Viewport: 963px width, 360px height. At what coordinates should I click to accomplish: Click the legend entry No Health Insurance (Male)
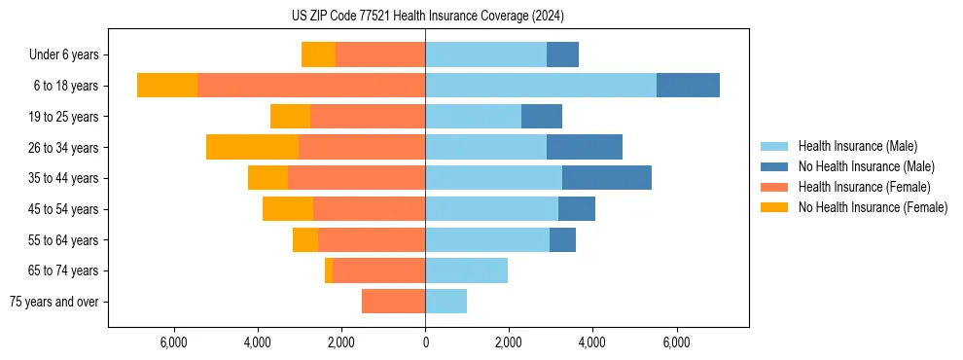pos(866,166)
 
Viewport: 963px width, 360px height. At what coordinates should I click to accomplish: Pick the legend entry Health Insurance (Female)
pos(864,187)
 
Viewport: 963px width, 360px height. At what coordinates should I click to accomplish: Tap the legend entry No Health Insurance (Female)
pos(873,207)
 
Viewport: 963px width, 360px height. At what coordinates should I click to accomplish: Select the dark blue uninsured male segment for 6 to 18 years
pos(688,86)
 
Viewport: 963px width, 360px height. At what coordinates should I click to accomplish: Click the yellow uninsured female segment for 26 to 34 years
pos(252,147)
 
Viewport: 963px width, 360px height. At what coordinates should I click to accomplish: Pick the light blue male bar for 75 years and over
pos(446,302)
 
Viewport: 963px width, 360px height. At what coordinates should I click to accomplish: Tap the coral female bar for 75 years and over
pos(393,302)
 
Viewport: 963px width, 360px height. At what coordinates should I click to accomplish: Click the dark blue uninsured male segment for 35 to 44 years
pos(606,178)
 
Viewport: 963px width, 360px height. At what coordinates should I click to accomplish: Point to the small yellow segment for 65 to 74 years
pos(329,270)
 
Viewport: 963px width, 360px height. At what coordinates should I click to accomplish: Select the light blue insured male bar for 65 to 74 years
pos(466,270)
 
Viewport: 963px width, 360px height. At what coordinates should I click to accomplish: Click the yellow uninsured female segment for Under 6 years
pos(318,54)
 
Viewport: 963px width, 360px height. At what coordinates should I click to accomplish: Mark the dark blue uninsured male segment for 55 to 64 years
pos(562,239)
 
